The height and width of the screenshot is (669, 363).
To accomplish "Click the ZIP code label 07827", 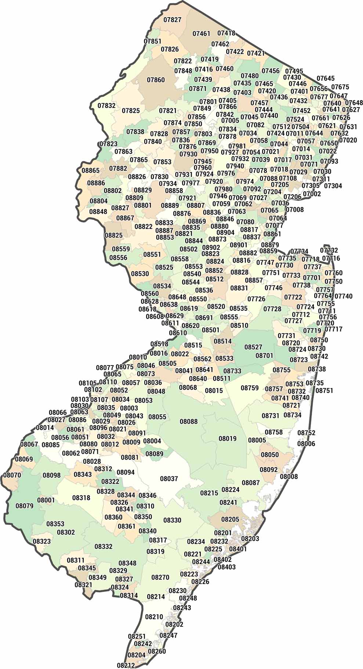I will point(172,19).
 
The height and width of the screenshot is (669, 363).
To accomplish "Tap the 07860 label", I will point(156,80).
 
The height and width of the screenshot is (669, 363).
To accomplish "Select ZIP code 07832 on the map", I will point(106,106).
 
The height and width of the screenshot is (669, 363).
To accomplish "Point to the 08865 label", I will point(90,170).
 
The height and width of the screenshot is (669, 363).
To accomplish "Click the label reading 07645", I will point(326,79).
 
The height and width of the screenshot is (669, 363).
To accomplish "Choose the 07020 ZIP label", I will point(348,140).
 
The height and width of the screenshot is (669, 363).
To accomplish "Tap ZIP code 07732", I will point(329,250).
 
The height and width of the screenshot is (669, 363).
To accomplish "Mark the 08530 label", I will point(140,274).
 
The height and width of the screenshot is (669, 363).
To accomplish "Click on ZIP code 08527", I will point(253,347).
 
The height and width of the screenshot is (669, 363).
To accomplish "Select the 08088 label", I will point(189,422).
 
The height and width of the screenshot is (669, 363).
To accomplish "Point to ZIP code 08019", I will point(228,439).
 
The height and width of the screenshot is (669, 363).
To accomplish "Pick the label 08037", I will point(169,479).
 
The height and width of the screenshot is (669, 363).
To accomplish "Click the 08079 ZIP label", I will point(25,506).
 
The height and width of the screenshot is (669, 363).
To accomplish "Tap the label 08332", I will point(104,546).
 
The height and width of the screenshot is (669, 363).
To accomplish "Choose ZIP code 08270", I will point(160,577).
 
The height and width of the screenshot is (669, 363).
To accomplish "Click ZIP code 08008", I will point(289,477).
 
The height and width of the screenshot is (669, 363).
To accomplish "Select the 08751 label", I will point(324,390).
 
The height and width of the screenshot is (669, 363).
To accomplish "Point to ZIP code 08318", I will point(81,498).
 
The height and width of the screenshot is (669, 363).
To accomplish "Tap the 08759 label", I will point(250,388).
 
